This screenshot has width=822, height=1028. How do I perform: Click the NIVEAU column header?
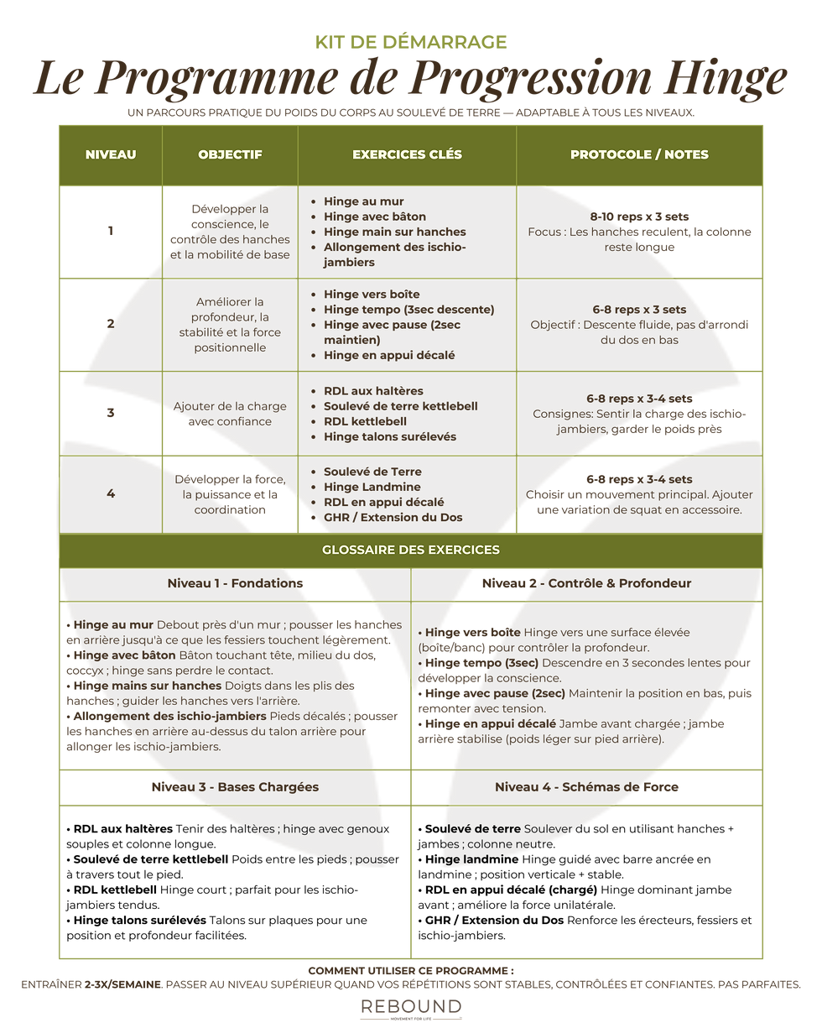[x=110, y=154]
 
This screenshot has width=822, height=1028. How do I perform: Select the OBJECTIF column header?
[x=230, y=154]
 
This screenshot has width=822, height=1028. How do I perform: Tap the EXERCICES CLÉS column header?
[x=407, y=154]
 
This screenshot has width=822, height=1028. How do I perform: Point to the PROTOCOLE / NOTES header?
[x=639, y=154]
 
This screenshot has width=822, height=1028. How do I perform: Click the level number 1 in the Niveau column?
[x=110, y=232]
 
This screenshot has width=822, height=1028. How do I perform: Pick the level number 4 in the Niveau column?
[x=110, y=493]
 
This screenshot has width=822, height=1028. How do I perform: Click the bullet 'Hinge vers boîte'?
[x=371, y=295]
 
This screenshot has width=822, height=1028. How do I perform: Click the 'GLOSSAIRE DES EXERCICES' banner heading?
[x=411, y=550]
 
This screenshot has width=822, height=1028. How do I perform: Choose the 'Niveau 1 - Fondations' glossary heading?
[x=236, y=583]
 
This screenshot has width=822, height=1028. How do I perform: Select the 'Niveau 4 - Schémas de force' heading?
[x=587, y=787]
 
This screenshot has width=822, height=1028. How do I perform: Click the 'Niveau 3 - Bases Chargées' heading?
[x=235, y=787]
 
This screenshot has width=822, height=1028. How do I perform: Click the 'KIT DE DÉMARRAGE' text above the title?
[x=411, y=41]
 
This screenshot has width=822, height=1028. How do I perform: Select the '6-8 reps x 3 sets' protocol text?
[x=639, y=310]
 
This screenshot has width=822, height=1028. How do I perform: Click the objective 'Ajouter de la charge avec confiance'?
[x=230, y=414]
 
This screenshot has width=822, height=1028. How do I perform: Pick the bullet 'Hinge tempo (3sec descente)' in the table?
[x=408, y=310]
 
